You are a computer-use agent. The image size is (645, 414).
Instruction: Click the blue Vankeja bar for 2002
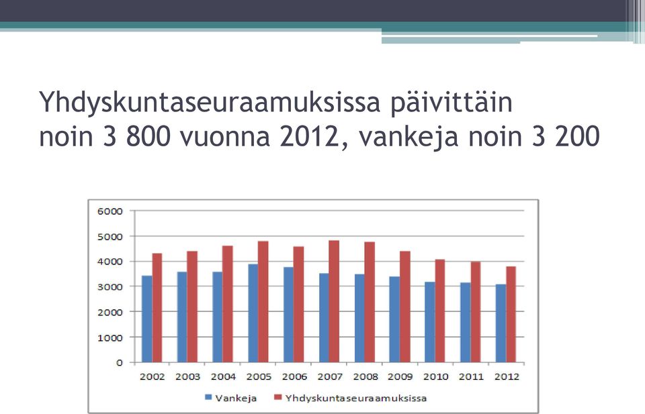pos(147,319)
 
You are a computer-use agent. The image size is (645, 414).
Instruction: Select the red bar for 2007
pos(334,301)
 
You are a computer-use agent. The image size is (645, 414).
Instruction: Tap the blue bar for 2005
pos(253,313)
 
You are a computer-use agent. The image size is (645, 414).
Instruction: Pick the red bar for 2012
pos(511,314)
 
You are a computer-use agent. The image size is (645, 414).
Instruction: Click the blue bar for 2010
pos(430,322)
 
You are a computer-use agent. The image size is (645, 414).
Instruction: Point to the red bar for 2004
pos(228,304)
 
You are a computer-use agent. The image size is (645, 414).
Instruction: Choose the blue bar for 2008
pos(359,318)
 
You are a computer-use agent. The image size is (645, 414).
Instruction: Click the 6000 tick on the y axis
pos(110,211)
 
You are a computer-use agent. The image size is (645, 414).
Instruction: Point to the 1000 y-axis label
pos(110,338)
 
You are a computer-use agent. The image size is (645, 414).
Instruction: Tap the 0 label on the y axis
pos(120,362)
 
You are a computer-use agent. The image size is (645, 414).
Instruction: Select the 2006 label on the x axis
pos(294,376)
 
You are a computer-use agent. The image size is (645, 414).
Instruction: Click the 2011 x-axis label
pos(472,376)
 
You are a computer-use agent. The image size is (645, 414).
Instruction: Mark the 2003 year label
pos(188,376)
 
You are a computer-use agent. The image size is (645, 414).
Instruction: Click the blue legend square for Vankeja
pos(208,398)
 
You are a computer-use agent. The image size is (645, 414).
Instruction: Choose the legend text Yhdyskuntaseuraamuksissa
pos(356,398)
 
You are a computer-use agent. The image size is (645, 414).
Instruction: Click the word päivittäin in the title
pos(451,102)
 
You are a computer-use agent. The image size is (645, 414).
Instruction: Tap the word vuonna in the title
pos(225,137)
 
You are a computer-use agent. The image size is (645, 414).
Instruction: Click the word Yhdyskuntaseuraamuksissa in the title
pos(210,102)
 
